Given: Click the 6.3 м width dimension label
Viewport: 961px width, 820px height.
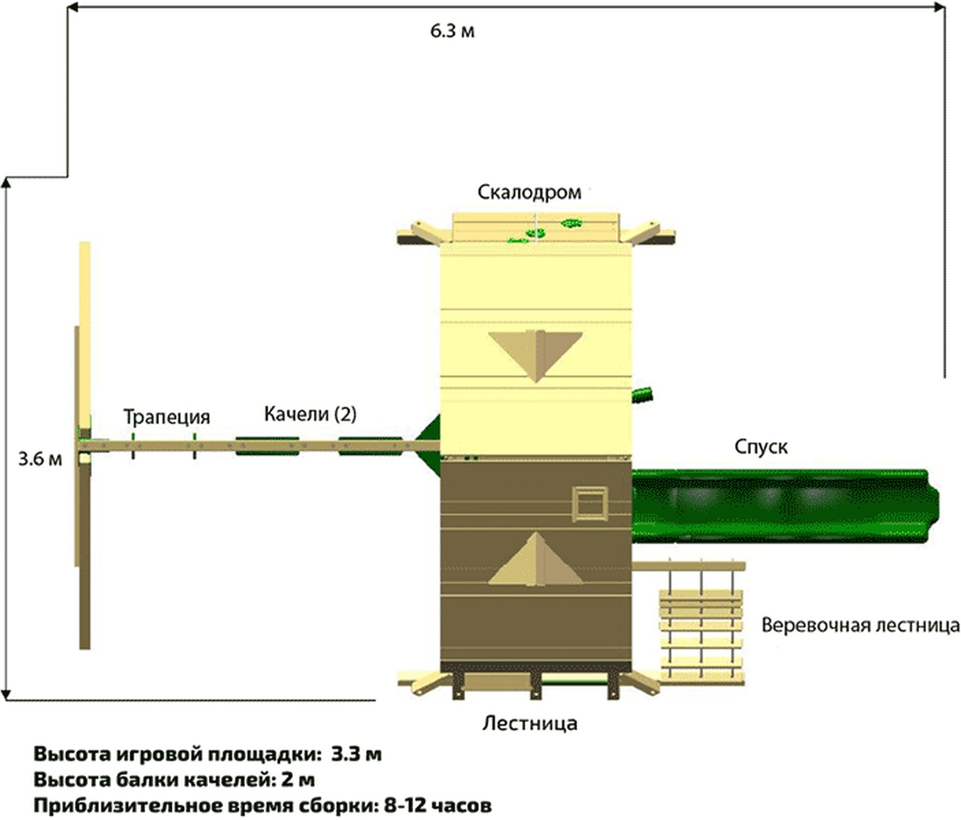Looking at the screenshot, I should pos(452,31).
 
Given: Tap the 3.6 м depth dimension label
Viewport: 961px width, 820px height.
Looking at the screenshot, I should pos(40,459).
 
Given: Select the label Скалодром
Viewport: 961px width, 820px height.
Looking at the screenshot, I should pos(529,192).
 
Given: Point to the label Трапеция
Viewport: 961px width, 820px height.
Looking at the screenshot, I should pos(166,417).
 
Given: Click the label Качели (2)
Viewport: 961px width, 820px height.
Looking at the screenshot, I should pos(310,414).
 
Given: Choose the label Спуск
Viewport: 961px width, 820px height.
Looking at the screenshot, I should pos(760,447).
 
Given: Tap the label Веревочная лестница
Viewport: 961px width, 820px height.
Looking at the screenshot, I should pos(860,625).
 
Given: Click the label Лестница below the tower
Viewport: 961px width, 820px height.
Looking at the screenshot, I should pos(529,723).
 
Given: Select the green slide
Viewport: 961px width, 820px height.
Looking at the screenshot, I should pos(784,505).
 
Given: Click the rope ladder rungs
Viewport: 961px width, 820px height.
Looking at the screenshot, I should pos(701,634).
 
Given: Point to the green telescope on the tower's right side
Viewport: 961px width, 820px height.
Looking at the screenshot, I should pos(642,395).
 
